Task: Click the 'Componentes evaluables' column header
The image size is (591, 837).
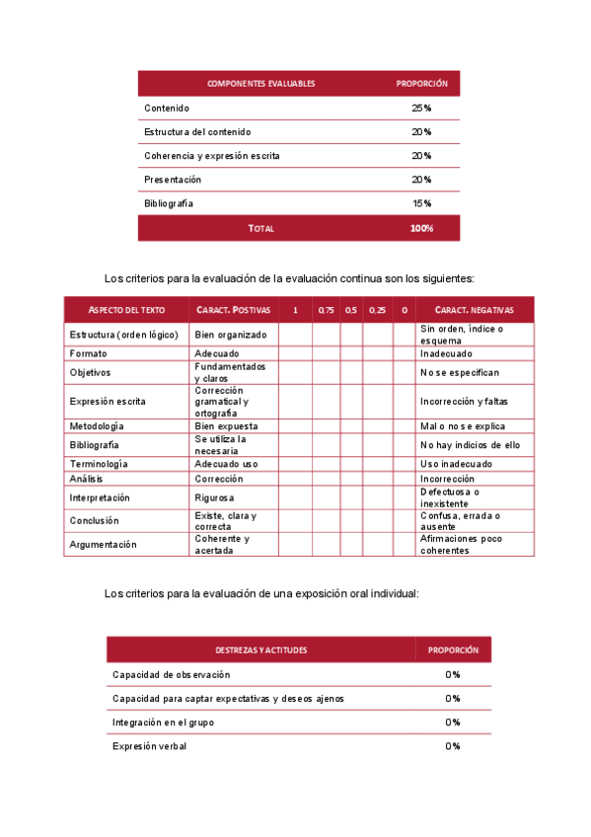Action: (x=260, y=84)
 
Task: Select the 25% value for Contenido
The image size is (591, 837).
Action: (x=421, y=108)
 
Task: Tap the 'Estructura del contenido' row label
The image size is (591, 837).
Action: (x=197, y=131)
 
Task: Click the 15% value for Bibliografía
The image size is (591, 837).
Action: (x=421, y=203)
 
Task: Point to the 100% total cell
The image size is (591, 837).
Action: (x=421, y=228)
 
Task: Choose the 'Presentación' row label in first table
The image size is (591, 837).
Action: (x=173, y=180)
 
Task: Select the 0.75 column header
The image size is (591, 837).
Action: (x=326, y=310)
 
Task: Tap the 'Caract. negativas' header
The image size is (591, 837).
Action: (x=474, y=310)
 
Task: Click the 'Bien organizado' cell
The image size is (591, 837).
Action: (x=230, y=335)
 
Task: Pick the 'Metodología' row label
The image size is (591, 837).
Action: (x=97, y=426)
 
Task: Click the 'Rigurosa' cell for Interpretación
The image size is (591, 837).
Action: (x=214, y=498)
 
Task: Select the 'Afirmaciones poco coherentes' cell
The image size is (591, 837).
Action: (x=461, y=545)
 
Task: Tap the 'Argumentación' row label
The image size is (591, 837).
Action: (x=104, y=545)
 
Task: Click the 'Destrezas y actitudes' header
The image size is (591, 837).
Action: (x=260, y=650)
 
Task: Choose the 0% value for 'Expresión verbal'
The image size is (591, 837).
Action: (x=453, y=746)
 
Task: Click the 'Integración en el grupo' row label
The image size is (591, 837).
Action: (x=163, y=723)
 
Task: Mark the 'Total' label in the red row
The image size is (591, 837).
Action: (x=261, y=228)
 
